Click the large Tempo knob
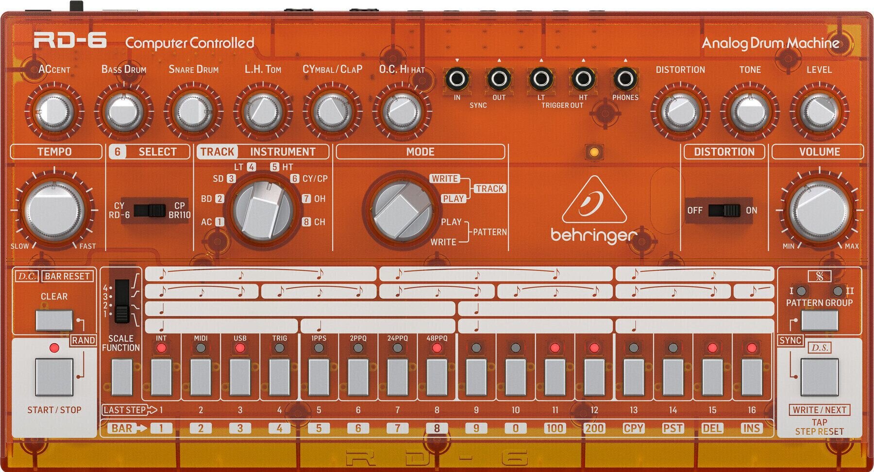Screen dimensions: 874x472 click(54, 211)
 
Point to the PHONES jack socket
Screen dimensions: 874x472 click(625, 78)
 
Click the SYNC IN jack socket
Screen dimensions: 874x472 click(457, 78)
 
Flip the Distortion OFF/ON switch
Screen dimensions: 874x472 click(724, 210)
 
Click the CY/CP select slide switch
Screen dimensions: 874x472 click(150, 210)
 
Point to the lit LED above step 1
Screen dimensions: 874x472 click(161, 348)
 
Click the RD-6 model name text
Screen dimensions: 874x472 click(70, 41)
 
